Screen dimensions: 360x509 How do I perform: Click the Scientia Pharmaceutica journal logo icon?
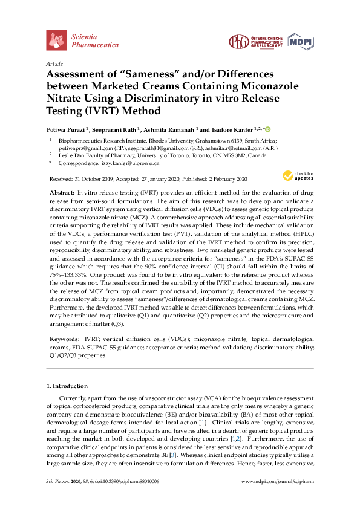pos(56,40)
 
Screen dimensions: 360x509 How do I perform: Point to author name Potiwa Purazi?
pos(67,129)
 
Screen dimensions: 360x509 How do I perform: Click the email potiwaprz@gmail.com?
pos(82,148)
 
